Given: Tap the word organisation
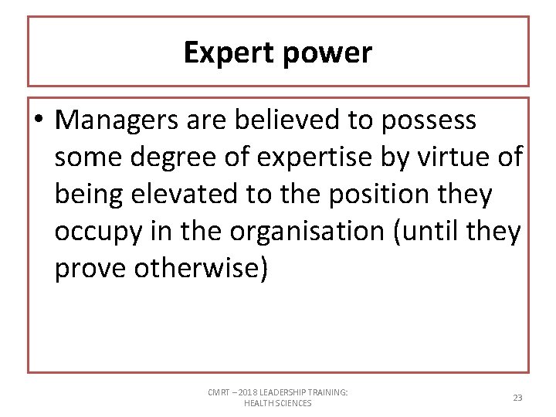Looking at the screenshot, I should tap(297, 231).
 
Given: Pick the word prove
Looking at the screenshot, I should tap(90, 268).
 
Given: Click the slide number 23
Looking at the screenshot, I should tap(517, 398).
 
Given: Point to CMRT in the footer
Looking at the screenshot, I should tap(219, 392).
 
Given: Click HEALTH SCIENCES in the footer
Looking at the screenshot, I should tap(278, 403).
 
